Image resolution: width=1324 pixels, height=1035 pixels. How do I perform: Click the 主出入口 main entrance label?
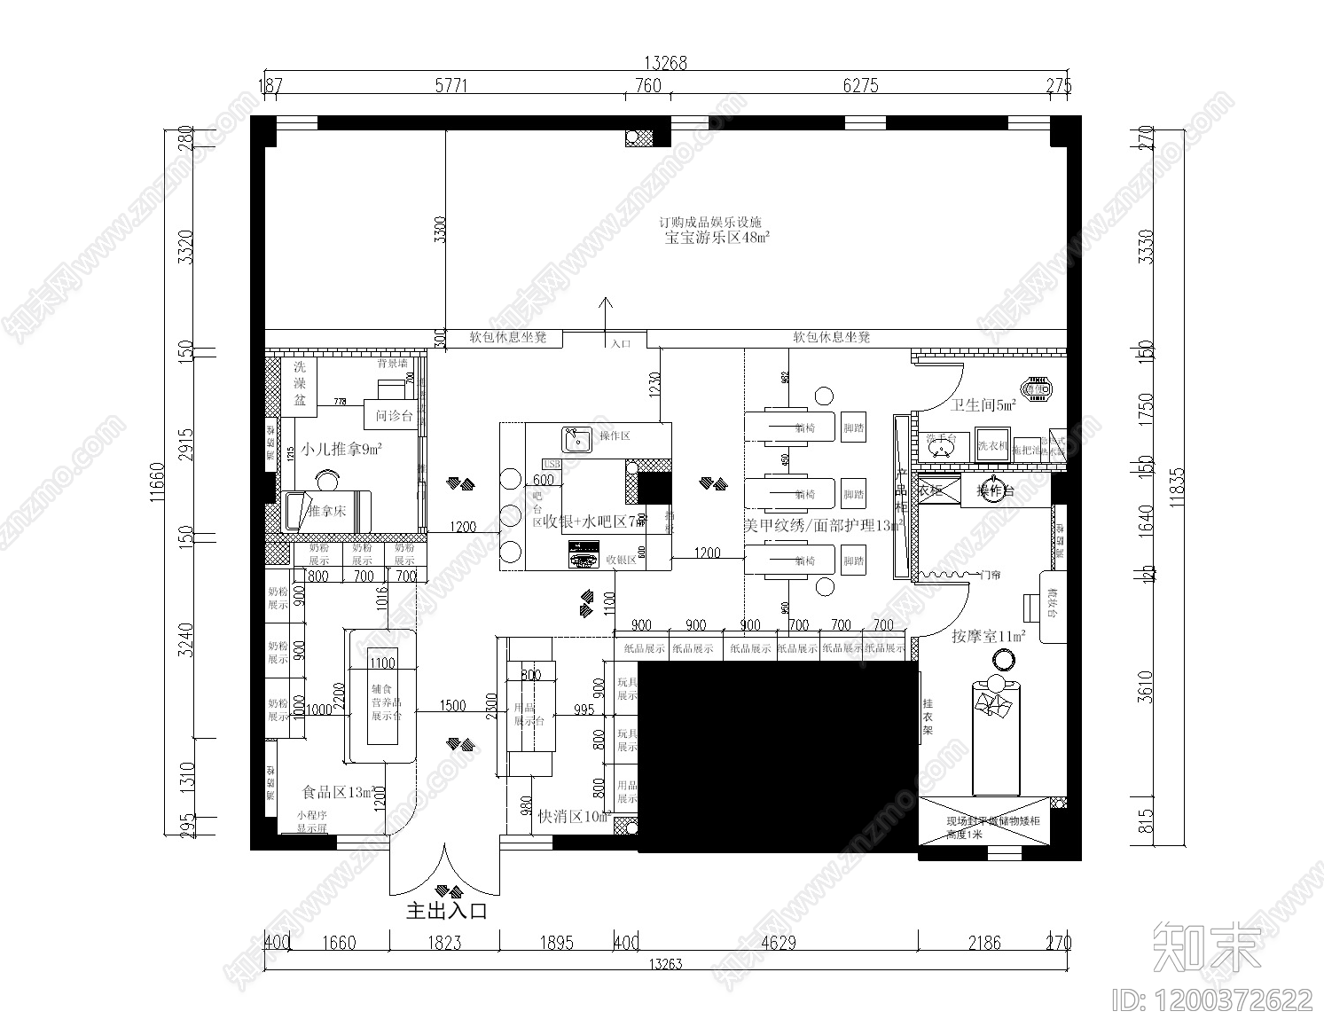tap(446, 911)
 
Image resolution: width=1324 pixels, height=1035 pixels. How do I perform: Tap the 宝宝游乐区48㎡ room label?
tap(717, 238)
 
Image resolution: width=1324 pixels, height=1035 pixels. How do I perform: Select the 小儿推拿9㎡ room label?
tap(341, 450)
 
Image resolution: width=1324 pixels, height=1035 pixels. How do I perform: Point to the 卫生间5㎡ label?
tap(983, 405)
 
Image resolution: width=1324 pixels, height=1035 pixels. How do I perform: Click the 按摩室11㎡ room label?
tap(988, 636)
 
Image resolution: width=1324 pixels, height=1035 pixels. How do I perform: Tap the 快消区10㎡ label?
tap(574, 816)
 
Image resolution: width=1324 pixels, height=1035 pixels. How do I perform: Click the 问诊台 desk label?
tap(394, 415)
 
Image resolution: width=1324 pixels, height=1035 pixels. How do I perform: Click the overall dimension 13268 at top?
tap(665, 63)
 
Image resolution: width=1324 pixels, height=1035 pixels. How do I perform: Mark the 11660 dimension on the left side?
tap(157, 481)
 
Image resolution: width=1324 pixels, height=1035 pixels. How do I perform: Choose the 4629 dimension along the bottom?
tap(778, 943)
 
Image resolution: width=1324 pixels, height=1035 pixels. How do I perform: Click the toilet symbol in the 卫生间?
tap(1036, 388)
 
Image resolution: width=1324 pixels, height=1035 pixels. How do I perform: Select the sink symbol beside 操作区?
tap(576, 438)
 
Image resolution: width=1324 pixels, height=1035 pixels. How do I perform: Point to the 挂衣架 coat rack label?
tap(928, 716)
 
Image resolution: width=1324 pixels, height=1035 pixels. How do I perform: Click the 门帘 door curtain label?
tap(990, 576)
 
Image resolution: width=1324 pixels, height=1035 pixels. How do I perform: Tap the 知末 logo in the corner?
tap(1206, 945)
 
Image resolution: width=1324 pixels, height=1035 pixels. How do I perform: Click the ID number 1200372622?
tap(1212, 1000)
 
